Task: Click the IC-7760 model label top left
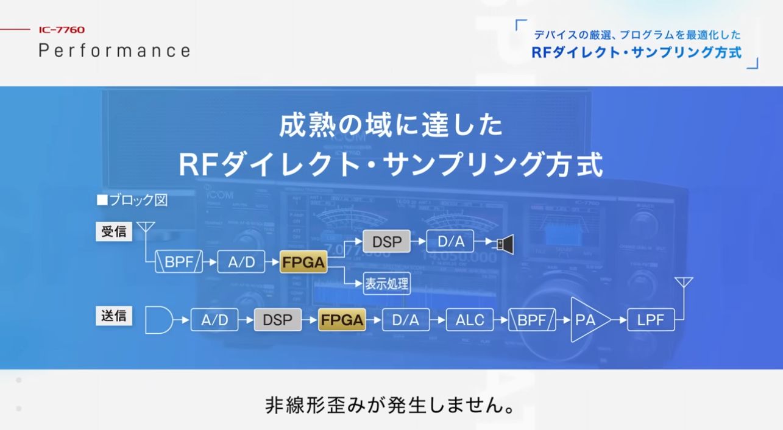coord(62,30)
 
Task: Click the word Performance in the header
coord(115,50)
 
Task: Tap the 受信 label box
coord(114,232)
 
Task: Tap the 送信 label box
coord(114,315)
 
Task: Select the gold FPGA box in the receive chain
coord(303,263)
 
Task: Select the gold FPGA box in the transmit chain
coord(342,320)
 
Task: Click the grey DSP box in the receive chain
coord(386,242)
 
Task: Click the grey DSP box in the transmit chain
coord(277,320)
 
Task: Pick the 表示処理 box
coord(387,283)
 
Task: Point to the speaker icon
coord(505,244)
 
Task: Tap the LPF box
coord(650,320)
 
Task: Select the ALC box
coord(470,320)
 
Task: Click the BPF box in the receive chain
coord(179,263)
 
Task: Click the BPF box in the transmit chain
coord(532,320)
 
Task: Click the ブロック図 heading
coord(132,200)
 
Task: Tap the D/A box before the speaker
coord(451,242)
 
